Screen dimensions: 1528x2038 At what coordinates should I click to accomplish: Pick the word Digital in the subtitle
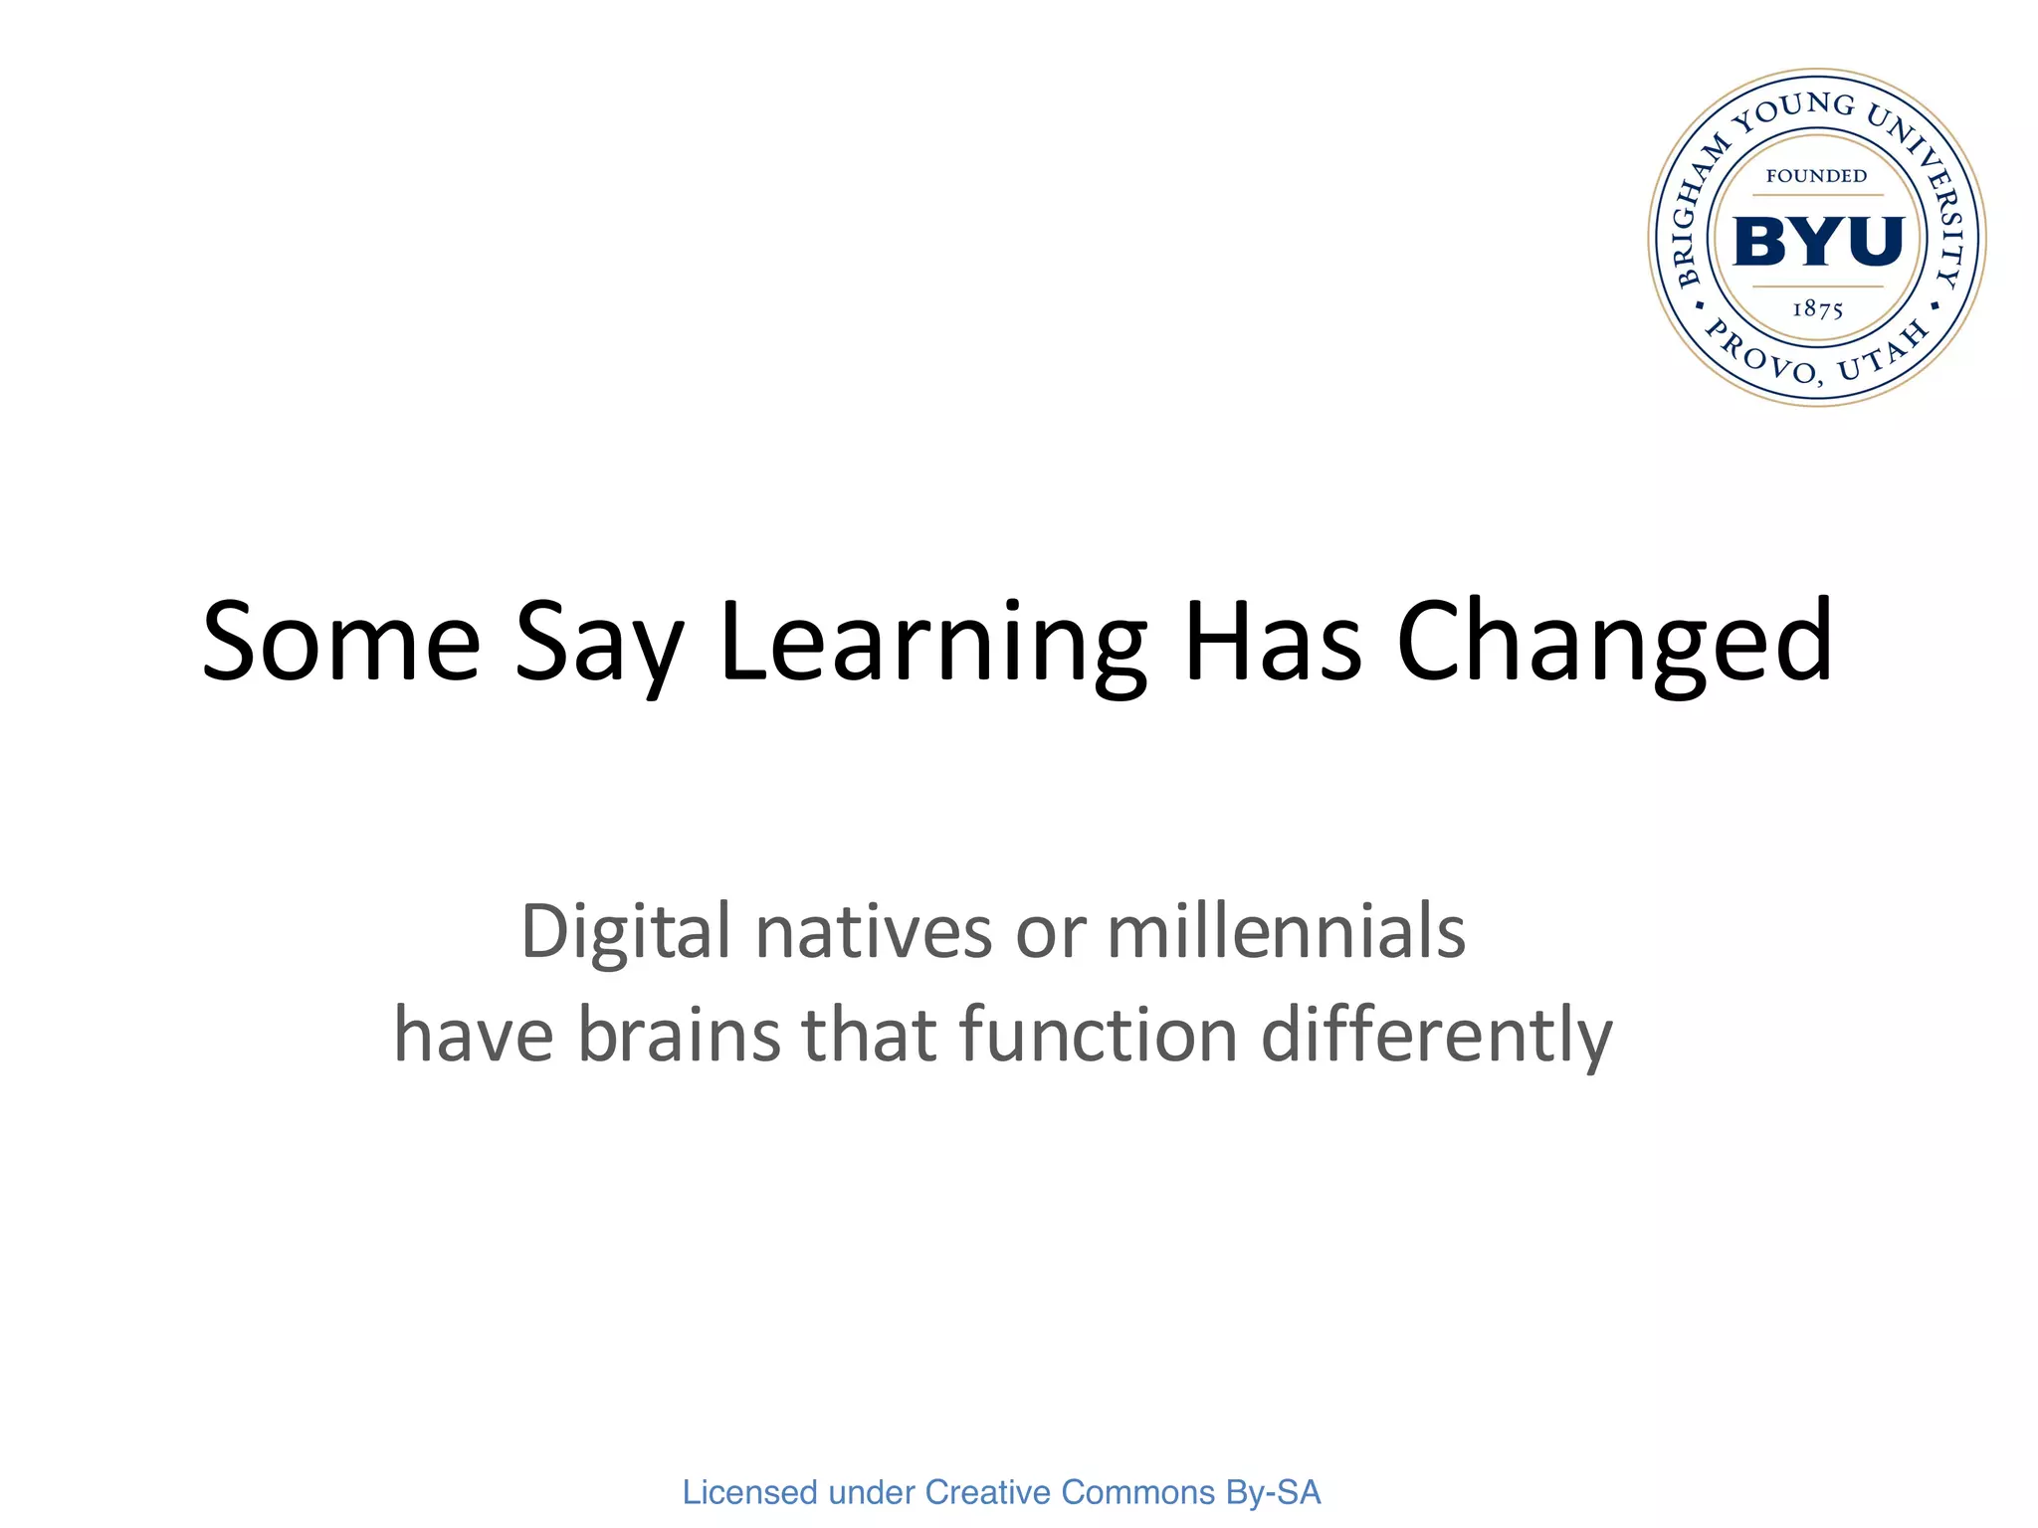click(625, 933)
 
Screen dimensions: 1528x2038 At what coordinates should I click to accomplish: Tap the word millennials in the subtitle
click(1286, 933)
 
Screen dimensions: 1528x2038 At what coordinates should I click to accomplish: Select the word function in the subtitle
click(1099, 1035)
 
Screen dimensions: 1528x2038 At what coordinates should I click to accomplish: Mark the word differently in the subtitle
click(1436, 1037)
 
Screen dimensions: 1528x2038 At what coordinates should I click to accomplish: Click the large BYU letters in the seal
click(1818, 242)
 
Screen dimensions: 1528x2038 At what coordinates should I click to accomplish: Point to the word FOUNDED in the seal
click(1816, 176)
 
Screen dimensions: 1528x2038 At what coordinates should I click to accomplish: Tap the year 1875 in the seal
click(1817, 309)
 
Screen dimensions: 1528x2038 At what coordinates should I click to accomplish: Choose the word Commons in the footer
click(1137, 1492)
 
